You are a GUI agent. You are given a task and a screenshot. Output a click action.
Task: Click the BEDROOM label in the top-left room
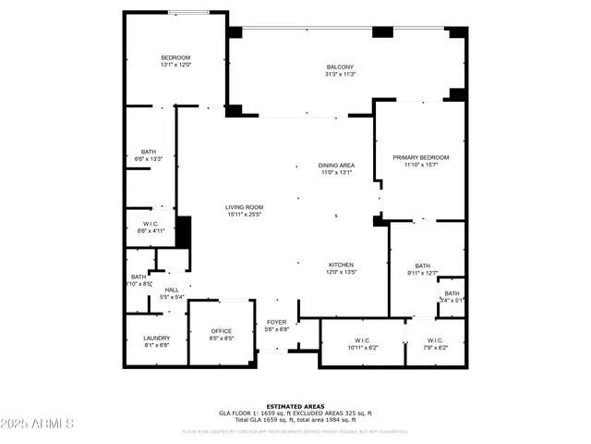(x=175, y=57)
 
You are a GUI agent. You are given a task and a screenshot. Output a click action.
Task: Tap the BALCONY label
(x=340, y=67)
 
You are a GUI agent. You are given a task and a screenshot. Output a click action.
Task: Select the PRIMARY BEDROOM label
(x=420, y=157)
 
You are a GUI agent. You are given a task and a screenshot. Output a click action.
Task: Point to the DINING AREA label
(x=337, y=165)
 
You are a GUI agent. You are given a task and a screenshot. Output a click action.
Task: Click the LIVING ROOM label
(x=245, y=207)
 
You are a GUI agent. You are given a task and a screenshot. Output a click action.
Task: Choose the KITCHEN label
(x=342, y=265)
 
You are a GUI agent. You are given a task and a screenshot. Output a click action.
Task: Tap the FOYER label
(x=277, y=322)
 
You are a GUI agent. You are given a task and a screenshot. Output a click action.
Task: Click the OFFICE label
(x=222, y=331)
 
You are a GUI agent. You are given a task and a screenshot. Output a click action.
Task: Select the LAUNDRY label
(x=156, y=338)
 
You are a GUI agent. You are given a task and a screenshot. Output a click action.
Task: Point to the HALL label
(x=172, y=290)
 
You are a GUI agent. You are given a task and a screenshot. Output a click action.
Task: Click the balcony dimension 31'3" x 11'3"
(x=340, y=75)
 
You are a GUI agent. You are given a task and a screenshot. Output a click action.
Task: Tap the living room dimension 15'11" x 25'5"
(x=245, y=215)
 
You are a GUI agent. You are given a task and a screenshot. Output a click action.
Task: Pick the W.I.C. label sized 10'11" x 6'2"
(x=363, y=339)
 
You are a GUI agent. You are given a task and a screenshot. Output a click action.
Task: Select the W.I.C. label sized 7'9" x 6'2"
(x=435, y=339)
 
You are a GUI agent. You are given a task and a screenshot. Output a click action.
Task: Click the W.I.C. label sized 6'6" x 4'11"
(x=150, y=223)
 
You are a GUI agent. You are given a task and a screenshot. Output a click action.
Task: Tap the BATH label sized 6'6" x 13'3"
(x=149, y=152)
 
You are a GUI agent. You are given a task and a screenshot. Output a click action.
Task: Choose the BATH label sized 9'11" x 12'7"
(x=422, y=265)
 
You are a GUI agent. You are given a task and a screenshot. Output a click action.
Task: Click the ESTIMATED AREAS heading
(x=295, y=406)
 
